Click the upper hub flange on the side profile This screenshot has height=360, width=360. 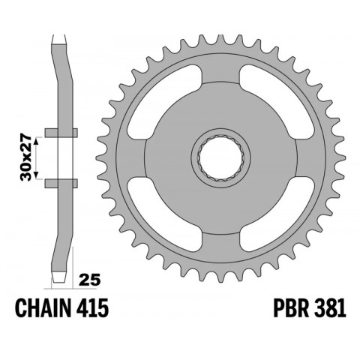[60, 133]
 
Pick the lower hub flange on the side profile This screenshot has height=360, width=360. [60, 182]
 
